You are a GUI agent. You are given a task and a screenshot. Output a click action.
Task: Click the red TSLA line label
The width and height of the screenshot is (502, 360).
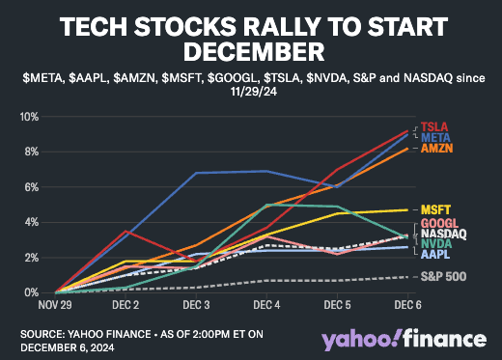(x=434, y=126)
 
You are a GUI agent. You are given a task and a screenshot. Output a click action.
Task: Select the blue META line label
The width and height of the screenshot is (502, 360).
(x=435, y=138)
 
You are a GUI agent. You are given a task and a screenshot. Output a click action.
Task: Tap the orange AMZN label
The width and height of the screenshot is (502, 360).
(x=437, y=149)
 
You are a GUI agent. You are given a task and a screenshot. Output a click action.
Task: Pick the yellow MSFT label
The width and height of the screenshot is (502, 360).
(x=435, y=210)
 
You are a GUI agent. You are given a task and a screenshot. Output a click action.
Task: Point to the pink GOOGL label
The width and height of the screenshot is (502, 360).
(x=439, y=223)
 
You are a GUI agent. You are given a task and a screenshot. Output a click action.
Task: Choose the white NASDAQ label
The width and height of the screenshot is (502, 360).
(x=444, y=234)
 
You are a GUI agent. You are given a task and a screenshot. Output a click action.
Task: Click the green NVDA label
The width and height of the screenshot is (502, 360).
(x=436, y=244)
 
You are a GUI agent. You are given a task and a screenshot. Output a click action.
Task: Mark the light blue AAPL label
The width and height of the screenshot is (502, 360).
(x=435, y=254)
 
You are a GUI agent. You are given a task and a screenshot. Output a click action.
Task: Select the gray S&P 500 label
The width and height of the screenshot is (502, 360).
(x=443, y=276)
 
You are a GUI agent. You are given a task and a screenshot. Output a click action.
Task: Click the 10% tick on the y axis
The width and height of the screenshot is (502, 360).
(x=30, y=117)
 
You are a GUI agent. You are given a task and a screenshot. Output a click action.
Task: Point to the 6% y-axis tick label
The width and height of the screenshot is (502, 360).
(x=32, y=187)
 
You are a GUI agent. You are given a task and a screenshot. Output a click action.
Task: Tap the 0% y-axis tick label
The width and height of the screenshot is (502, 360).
(x=32, y=293)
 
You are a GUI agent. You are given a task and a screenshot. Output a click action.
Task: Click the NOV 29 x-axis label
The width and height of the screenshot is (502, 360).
(x=55, y=305)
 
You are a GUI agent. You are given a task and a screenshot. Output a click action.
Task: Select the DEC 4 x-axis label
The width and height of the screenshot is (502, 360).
(x=266, y=305)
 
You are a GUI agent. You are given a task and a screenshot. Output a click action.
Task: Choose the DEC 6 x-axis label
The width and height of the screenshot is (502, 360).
(x=408, y=305)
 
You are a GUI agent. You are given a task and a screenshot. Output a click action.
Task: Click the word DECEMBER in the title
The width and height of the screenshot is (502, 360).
(x=254, y=52)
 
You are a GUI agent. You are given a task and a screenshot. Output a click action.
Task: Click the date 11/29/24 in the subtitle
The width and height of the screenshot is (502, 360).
(x=254, y=92)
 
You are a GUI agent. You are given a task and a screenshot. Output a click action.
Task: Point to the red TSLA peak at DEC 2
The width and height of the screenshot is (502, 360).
(x=125, y=231)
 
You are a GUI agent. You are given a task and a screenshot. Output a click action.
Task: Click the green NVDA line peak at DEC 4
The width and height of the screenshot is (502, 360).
(x=266, y=205)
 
